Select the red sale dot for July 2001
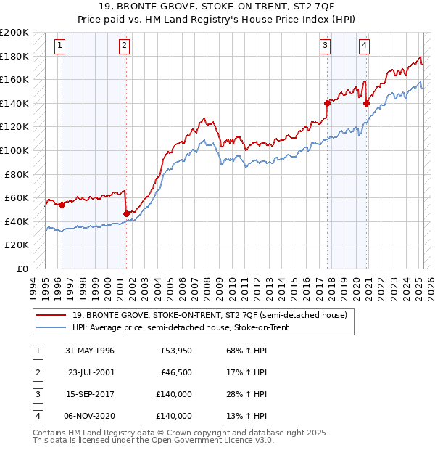click(126, 213)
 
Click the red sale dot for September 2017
click(327, 103)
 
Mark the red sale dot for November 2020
click(367, 103)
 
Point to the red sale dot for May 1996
click(62, 205)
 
